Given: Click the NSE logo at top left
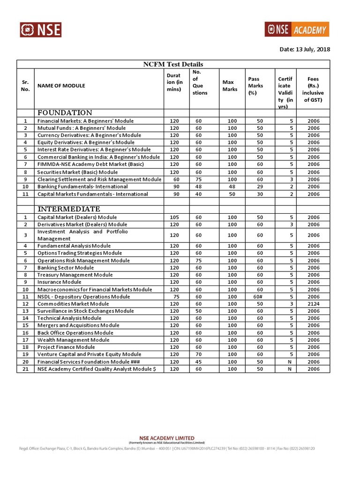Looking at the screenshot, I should [x=40, y=30].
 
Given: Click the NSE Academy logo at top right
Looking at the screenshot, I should [x=297, y=29].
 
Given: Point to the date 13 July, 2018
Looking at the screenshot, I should [x=305, y=50].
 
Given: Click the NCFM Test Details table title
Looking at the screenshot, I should [x=173, y=64].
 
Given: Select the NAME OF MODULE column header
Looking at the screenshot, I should [x=61, y=86].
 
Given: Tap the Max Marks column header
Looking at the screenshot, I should [x=230, y=86].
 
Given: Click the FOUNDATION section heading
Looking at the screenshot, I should [x=65, y=113].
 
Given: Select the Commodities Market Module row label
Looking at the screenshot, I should [x=73, y=304].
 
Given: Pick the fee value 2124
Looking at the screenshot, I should [x=313, y=304].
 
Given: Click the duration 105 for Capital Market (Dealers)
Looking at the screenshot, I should [x=174, y=217].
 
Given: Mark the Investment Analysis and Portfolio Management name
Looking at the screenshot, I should [x=82, y=235].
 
